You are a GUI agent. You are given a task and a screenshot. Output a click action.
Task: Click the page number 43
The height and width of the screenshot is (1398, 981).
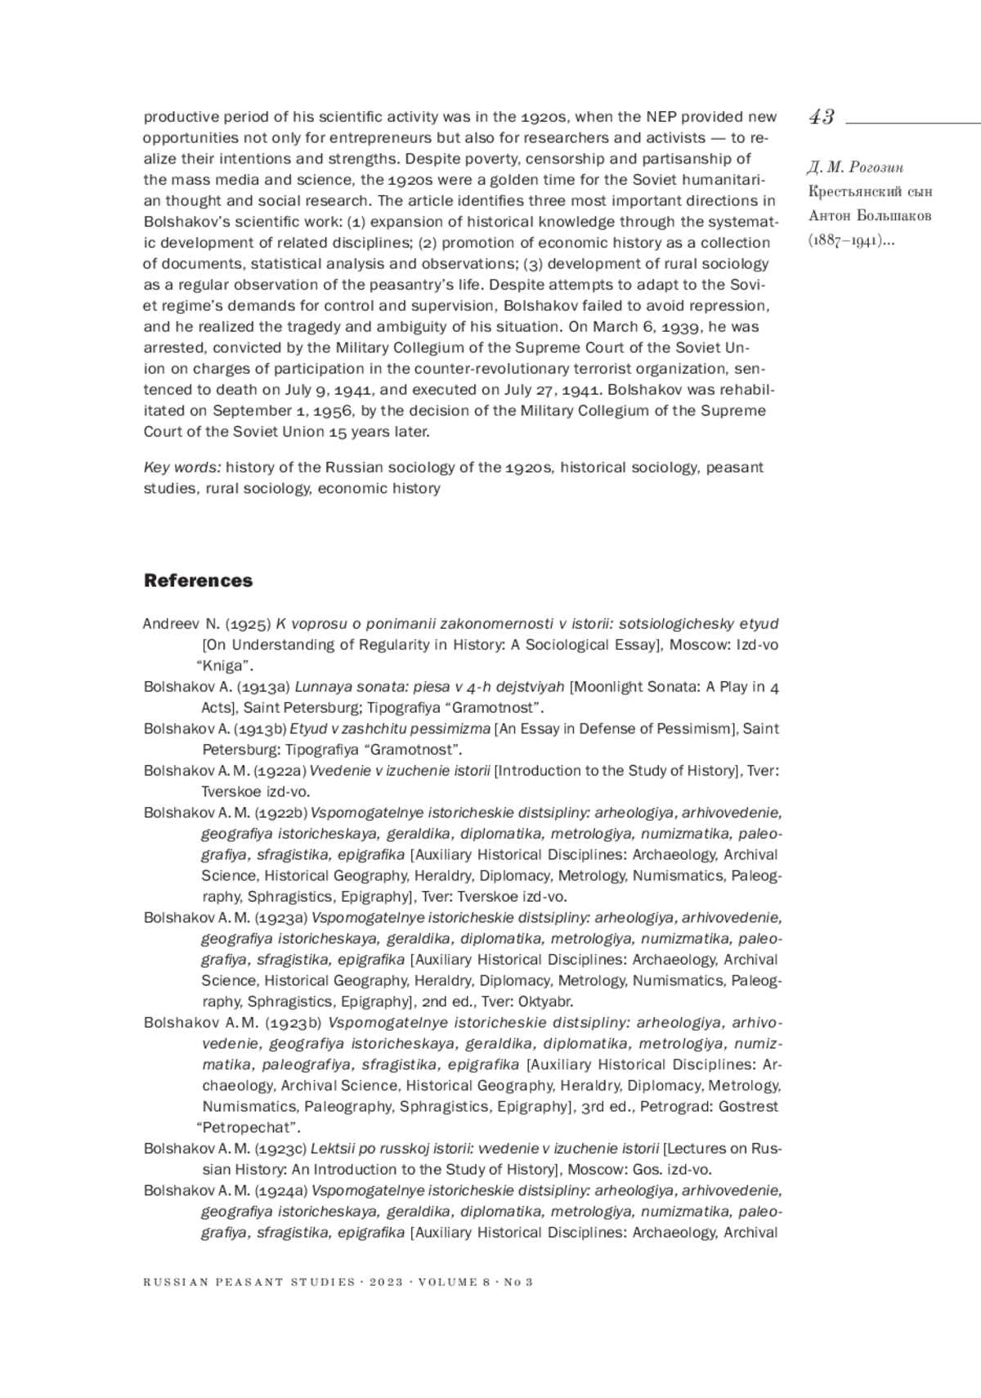(822, 117)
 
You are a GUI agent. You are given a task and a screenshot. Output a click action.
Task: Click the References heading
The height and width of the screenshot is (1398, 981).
(198, 580)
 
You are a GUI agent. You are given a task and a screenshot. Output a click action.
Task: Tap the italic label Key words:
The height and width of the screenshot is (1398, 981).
(182, 468)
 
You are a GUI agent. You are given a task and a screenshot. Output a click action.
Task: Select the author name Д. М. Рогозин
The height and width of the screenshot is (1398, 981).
(855, 168)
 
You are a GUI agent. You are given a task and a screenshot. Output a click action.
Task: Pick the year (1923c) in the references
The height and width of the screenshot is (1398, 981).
(280, 1149)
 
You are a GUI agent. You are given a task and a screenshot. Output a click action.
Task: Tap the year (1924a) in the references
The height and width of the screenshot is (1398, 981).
(280, 1190)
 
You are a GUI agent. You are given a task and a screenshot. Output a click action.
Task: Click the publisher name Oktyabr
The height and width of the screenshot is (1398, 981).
(545, 1001)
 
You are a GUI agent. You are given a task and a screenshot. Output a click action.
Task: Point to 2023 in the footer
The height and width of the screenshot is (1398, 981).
(386, 1282)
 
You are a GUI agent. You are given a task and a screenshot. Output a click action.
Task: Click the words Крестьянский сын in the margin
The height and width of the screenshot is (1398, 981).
(870, 192)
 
